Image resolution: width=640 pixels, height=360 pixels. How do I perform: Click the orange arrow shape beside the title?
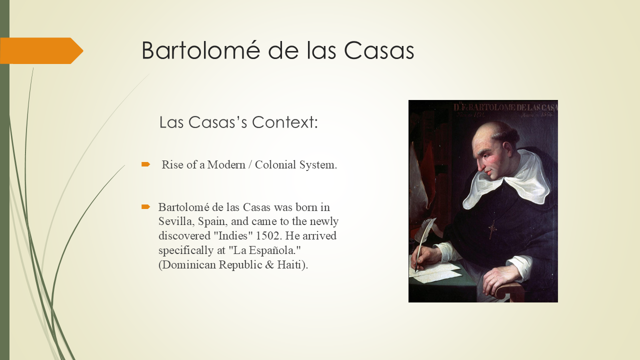(40, 50)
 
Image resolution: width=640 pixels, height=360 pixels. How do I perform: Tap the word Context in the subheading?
(284, 122)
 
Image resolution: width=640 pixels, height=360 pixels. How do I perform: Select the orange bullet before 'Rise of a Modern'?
(145, 164)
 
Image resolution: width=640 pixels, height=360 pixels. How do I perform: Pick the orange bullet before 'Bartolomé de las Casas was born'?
(145, 206)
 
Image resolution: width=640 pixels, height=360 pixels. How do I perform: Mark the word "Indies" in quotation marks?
(229, 235)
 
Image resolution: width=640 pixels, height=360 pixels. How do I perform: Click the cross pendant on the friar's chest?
(492, 229)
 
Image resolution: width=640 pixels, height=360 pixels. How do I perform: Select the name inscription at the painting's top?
(505, 107)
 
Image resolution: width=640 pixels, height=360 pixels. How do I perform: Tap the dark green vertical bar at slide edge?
(4, 200)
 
